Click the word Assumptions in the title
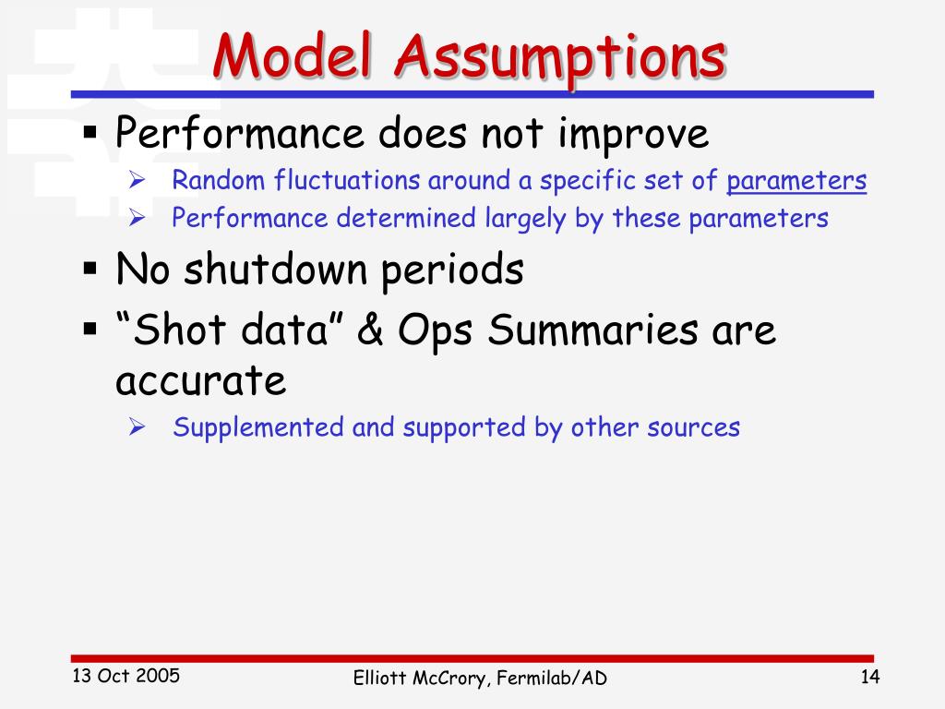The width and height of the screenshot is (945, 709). point(560,60)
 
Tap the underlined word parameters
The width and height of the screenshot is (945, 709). point(796,181)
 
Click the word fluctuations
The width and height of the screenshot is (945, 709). point(347,180)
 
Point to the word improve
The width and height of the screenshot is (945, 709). point(633,134)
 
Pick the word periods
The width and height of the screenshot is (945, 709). point(452,270)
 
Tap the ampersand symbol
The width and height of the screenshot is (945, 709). point(370,330)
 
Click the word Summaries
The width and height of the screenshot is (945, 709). point(593,330)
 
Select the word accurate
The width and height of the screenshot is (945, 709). point(200,381)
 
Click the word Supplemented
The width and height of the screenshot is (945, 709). point(258,427)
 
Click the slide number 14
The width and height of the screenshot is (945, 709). point(869,677)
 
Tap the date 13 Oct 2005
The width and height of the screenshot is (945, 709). point(126,676)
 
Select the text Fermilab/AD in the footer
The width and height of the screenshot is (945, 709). point(552,678)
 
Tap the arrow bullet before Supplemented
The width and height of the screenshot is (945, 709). point(137,427)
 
